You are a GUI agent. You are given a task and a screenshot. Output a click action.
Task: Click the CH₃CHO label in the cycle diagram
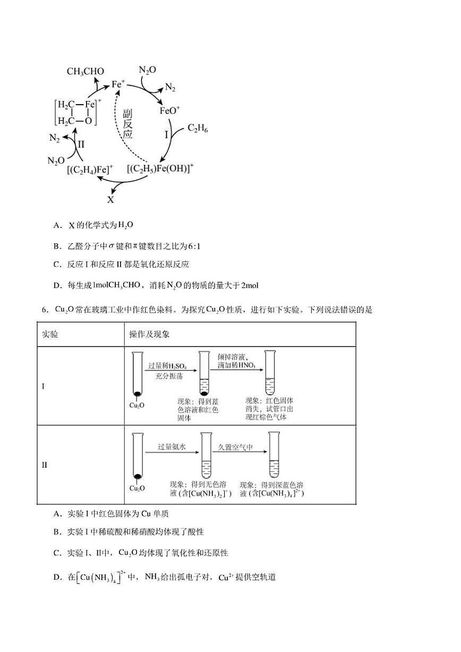pos(85,71)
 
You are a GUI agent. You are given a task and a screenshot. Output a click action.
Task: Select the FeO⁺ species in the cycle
pos(170,111)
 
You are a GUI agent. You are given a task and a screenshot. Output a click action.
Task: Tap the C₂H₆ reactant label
pos(198,129)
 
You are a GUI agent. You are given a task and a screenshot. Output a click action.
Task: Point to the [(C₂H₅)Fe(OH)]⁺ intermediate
pos(160,168)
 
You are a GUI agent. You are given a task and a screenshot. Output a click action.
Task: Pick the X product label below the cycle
pos(110,200)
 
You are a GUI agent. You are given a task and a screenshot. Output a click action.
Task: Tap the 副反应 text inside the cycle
pos(127,124)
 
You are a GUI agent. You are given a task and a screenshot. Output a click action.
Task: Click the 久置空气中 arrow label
pos(235,447)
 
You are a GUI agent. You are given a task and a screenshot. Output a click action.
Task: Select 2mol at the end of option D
pos(249,285)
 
